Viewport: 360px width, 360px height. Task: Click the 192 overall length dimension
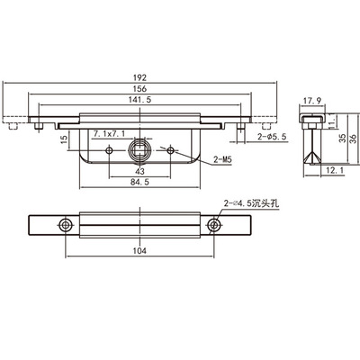click(x=139, y=77)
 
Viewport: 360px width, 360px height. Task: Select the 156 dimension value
click(x=139, y=89)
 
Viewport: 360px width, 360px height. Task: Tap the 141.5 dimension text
click(x=139, y=100)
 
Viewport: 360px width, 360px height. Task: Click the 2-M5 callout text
click(x=223, y=160)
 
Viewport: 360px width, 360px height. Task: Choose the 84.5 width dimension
click(x=139, y=182)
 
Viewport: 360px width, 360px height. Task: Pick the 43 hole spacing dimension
click(x=139, y=171)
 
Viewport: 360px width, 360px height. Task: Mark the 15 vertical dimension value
click(x=65, y=139)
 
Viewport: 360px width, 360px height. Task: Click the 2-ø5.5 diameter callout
click(x=272, y=137)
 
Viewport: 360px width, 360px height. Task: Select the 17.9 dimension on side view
click(x=312, y=101)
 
